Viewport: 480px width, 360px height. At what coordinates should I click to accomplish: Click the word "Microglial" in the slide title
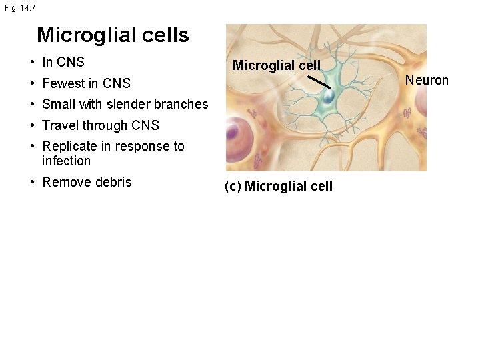click(x=87, y=35)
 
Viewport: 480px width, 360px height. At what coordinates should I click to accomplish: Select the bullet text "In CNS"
click(x=63, y=62)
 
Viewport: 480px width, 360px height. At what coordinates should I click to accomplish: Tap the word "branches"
click(x=181, y=104)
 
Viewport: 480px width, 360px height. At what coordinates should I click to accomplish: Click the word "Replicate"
click(x=70, y=146)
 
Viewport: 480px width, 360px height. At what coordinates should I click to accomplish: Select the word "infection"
click(x=66, y=161)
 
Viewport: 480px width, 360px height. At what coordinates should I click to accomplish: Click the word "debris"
click(x=113, y=182)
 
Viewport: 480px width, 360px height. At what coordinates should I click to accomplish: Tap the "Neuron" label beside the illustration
click(x=427, y=81)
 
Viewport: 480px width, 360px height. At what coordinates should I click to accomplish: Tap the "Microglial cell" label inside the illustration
click(x=277, y=65)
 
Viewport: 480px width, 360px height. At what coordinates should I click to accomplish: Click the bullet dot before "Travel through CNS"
click(x=32, y=125)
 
